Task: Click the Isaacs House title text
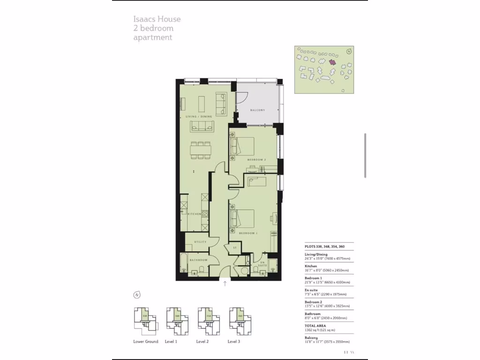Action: [157, 19]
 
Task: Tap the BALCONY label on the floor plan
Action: [257, 110]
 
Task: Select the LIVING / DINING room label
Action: [199, 116]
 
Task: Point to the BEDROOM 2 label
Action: [256, 160]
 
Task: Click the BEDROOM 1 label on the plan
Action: [248, 233]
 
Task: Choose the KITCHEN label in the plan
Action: [195, 214]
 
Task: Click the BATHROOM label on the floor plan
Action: [198, 260]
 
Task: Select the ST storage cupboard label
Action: [235, 247]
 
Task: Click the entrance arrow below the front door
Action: [225, 284]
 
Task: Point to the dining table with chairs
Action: [201, 150]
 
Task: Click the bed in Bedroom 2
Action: [242, 146]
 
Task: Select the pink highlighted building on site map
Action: [332, 62]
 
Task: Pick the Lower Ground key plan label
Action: [145, 342]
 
